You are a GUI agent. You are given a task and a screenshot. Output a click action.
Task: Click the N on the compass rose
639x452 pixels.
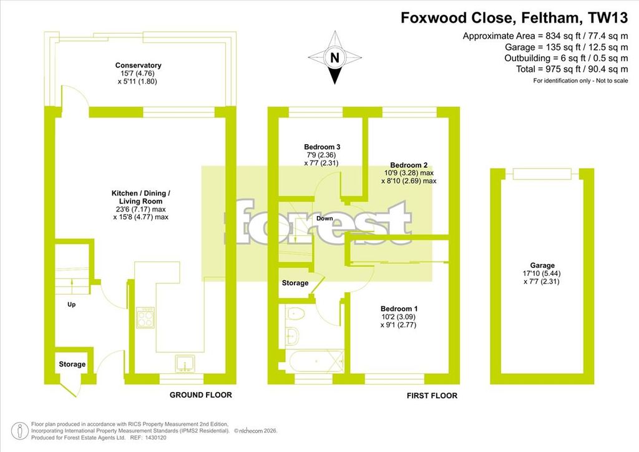334,58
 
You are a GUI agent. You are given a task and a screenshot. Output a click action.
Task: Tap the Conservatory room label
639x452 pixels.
138,65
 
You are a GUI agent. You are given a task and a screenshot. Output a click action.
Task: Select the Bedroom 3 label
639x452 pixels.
322,147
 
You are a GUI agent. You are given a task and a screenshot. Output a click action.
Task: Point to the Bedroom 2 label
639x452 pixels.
409,165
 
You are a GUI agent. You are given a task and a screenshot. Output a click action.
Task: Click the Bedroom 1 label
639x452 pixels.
399,309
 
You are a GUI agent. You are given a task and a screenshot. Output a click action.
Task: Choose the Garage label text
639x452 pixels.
542,265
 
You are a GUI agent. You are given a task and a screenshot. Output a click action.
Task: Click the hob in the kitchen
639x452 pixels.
145,318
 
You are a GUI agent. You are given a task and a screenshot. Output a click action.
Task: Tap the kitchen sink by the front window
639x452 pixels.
185,363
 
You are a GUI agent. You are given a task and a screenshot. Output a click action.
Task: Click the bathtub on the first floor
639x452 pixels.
315,361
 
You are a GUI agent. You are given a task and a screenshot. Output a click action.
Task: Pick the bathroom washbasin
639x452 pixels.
292,335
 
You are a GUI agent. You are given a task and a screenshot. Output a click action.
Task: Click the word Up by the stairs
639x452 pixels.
71,305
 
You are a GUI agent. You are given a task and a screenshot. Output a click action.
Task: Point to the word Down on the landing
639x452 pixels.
324,219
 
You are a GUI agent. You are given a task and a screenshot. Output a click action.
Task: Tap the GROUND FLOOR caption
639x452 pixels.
200,395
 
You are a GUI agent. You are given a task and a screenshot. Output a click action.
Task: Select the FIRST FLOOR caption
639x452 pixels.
432,396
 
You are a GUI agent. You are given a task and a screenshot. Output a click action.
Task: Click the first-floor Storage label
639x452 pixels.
295,283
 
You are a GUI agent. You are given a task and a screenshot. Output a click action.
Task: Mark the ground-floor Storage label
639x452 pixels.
72,365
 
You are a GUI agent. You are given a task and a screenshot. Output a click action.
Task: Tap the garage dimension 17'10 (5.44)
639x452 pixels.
542,273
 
